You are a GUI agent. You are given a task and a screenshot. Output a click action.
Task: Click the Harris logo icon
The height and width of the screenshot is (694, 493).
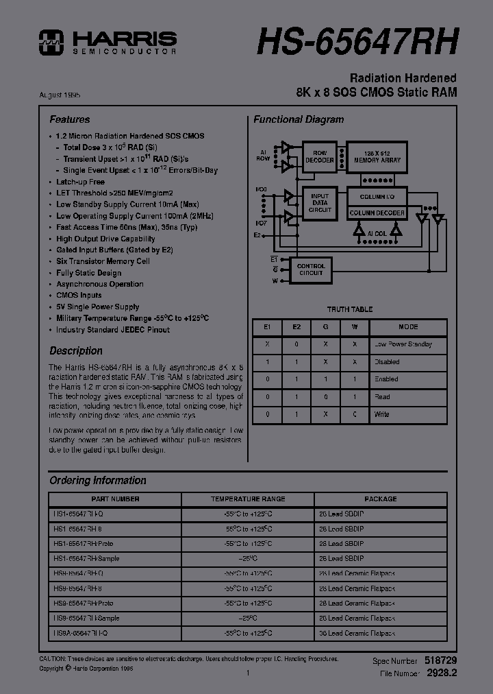[x=51, y=42]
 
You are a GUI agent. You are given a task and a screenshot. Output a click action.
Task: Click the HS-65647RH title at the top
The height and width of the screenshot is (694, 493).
[x=357, y=43]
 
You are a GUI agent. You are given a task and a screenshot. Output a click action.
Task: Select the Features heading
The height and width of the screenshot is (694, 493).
[x=69, y=119]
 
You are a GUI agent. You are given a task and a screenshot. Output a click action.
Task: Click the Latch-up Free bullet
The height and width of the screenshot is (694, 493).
[x=80, y=182]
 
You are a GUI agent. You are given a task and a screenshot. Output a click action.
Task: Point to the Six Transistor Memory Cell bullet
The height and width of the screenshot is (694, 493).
[x=103, y=261]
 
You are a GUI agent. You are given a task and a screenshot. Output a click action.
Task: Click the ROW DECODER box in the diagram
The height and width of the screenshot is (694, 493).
[x=320, y=157]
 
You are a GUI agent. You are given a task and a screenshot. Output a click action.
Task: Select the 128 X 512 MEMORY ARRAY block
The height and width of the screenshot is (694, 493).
[x=377, y=157]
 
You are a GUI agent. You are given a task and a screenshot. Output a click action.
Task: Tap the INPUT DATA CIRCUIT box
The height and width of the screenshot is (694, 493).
[x=319, y=203]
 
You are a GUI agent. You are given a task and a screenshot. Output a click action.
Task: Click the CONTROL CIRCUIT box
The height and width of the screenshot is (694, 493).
[x=311, y=270]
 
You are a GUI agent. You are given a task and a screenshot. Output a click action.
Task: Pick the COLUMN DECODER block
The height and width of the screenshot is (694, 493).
[x=377, y=213]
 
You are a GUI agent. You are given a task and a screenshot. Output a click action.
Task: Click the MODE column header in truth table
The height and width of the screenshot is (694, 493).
[x=408, y=327]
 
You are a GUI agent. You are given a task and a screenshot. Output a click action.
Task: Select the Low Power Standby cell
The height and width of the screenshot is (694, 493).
[x=403, y=344]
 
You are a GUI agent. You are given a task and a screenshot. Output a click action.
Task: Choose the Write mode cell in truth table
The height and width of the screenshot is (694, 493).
[x=382, y=414]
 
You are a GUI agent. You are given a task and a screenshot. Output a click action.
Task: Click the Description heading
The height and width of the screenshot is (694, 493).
[x=76, y=350]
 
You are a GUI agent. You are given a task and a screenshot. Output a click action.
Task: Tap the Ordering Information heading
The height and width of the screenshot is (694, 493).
[x=98, y=481]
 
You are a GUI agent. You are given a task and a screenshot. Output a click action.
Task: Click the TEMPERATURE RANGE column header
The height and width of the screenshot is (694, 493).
[x=248, y=499]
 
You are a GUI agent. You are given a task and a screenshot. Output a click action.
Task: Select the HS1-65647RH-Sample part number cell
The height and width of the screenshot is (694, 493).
[x=86, y=559]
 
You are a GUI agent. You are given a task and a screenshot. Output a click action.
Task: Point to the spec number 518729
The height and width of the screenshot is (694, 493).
[x=441, y=660]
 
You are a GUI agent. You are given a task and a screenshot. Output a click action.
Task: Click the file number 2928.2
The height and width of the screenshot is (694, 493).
[x=442, y=673]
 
